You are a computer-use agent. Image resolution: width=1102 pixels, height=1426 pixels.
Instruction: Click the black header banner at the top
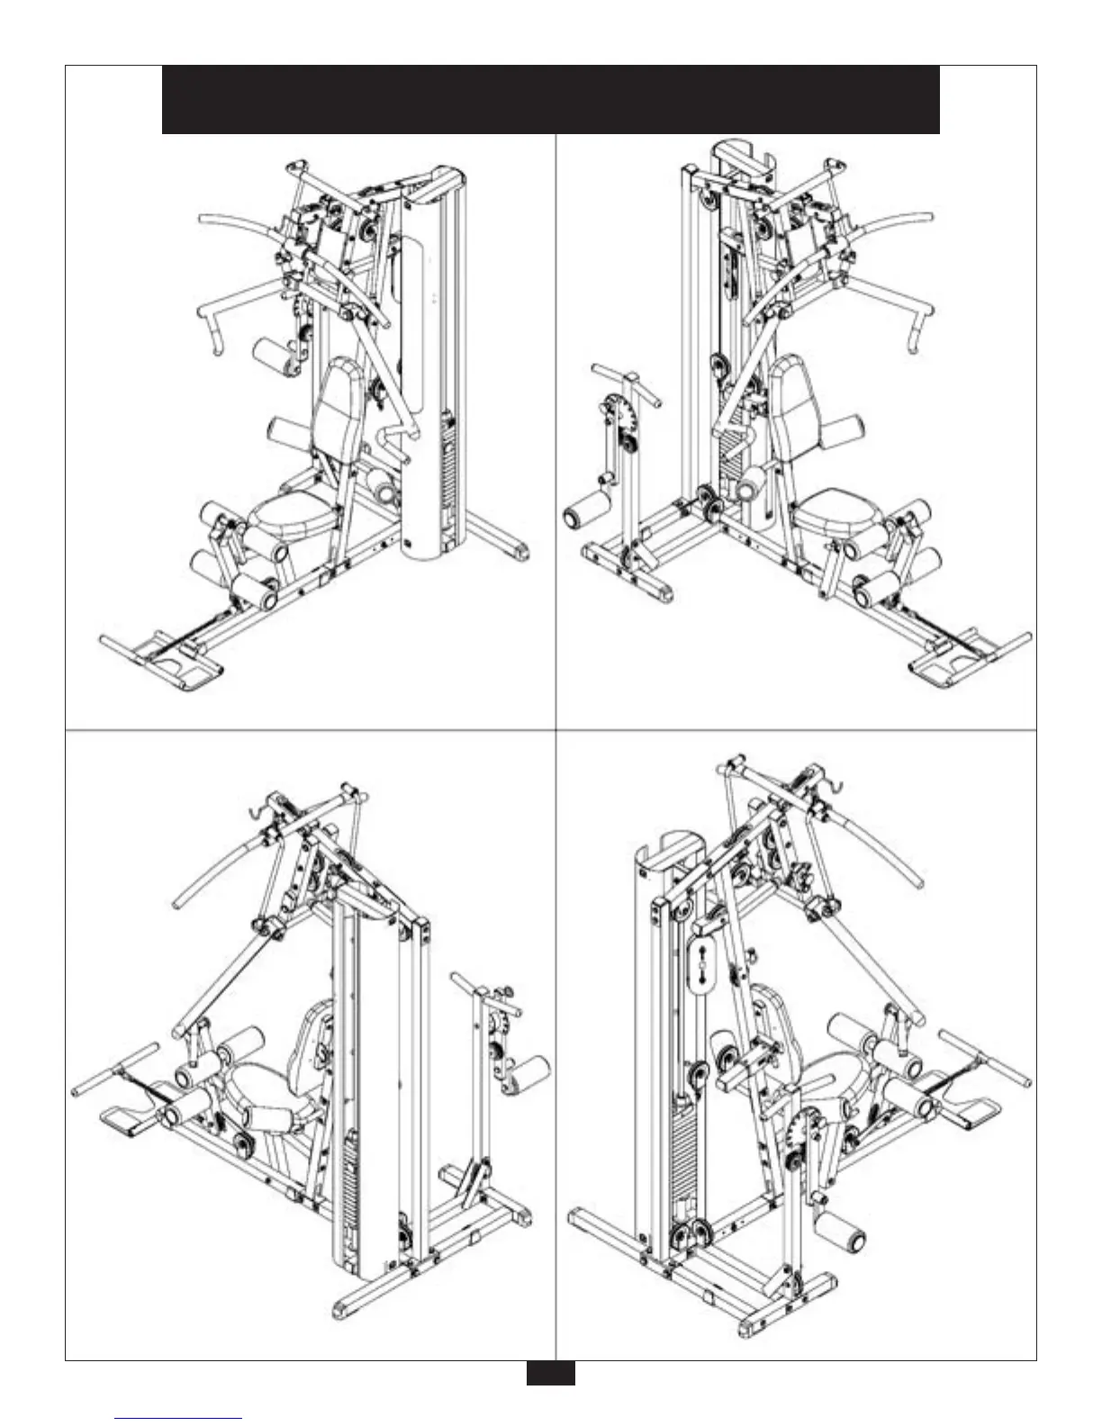(x=550, y=99)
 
